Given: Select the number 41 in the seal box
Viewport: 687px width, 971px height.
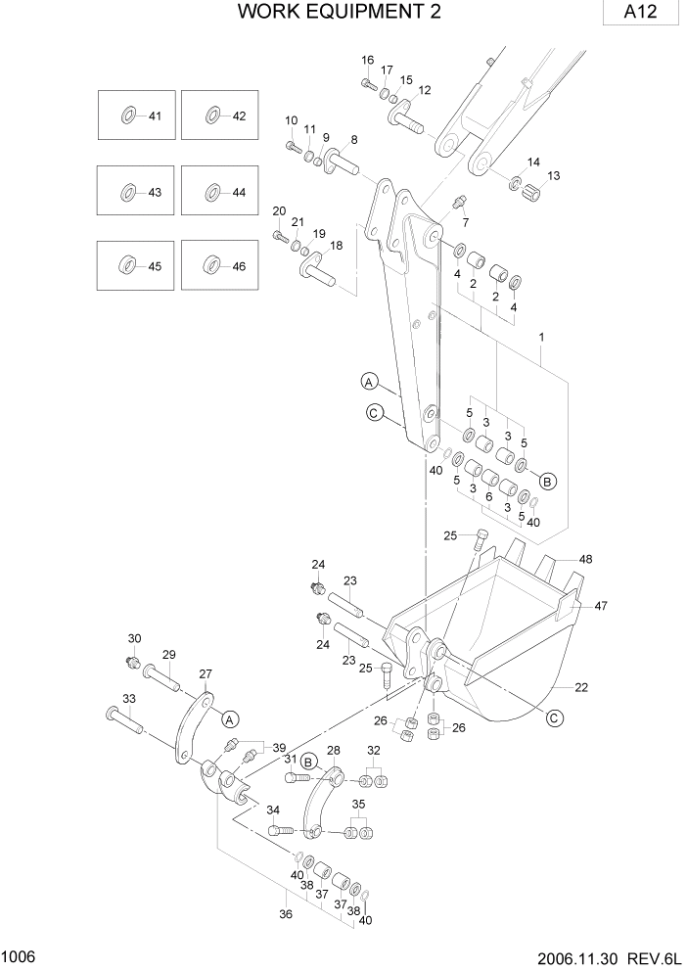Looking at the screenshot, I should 155,116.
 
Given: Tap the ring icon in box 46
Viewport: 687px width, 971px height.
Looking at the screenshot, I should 211,265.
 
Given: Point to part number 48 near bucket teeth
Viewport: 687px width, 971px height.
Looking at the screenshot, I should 585,559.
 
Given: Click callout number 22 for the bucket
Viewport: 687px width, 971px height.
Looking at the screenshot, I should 581,687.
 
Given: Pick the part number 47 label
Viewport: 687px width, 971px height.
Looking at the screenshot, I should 601,606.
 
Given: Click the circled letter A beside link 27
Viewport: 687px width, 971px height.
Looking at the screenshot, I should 231,718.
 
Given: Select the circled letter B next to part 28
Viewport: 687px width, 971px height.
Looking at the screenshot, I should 308,760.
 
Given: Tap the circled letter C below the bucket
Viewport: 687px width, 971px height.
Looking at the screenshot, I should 554,718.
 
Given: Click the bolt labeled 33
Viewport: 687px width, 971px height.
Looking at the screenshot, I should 121,722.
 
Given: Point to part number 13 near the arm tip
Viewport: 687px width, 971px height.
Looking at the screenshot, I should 554,175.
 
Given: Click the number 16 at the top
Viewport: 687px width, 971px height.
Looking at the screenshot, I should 368,60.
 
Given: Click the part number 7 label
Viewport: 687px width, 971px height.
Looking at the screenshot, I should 465,222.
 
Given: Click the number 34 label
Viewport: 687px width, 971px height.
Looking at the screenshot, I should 273,809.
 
